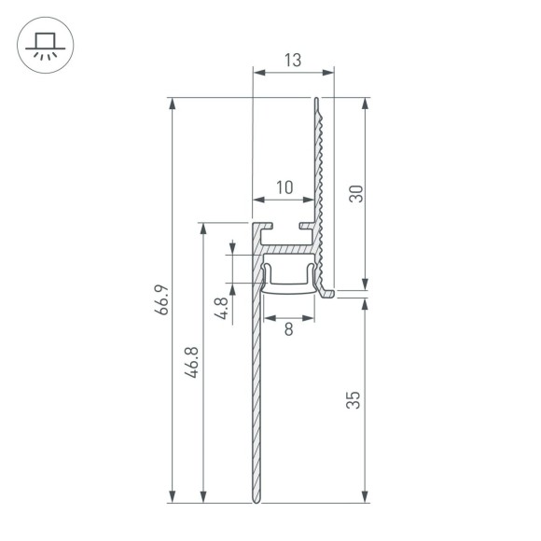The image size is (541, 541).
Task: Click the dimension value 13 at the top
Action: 292,61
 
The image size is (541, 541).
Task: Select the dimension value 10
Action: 284,187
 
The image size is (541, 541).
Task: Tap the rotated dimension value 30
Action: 354,194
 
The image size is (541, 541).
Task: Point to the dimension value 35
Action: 354,400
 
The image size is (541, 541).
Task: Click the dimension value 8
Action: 288,328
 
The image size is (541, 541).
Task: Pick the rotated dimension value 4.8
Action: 220,309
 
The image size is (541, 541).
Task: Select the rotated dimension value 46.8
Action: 191,361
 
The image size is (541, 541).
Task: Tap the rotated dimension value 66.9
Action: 161,300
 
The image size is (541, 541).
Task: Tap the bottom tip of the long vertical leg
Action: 256,502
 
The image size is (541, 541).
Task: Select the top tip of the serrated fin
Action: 317,98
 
